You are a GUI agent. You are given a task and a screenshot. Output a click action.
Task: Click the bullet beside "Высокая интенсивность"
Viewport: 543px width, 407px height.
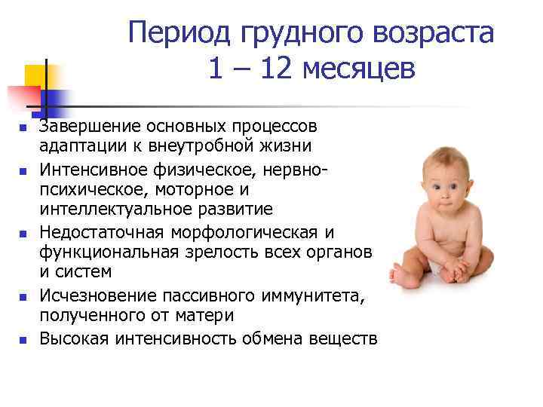pos(23,339)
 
